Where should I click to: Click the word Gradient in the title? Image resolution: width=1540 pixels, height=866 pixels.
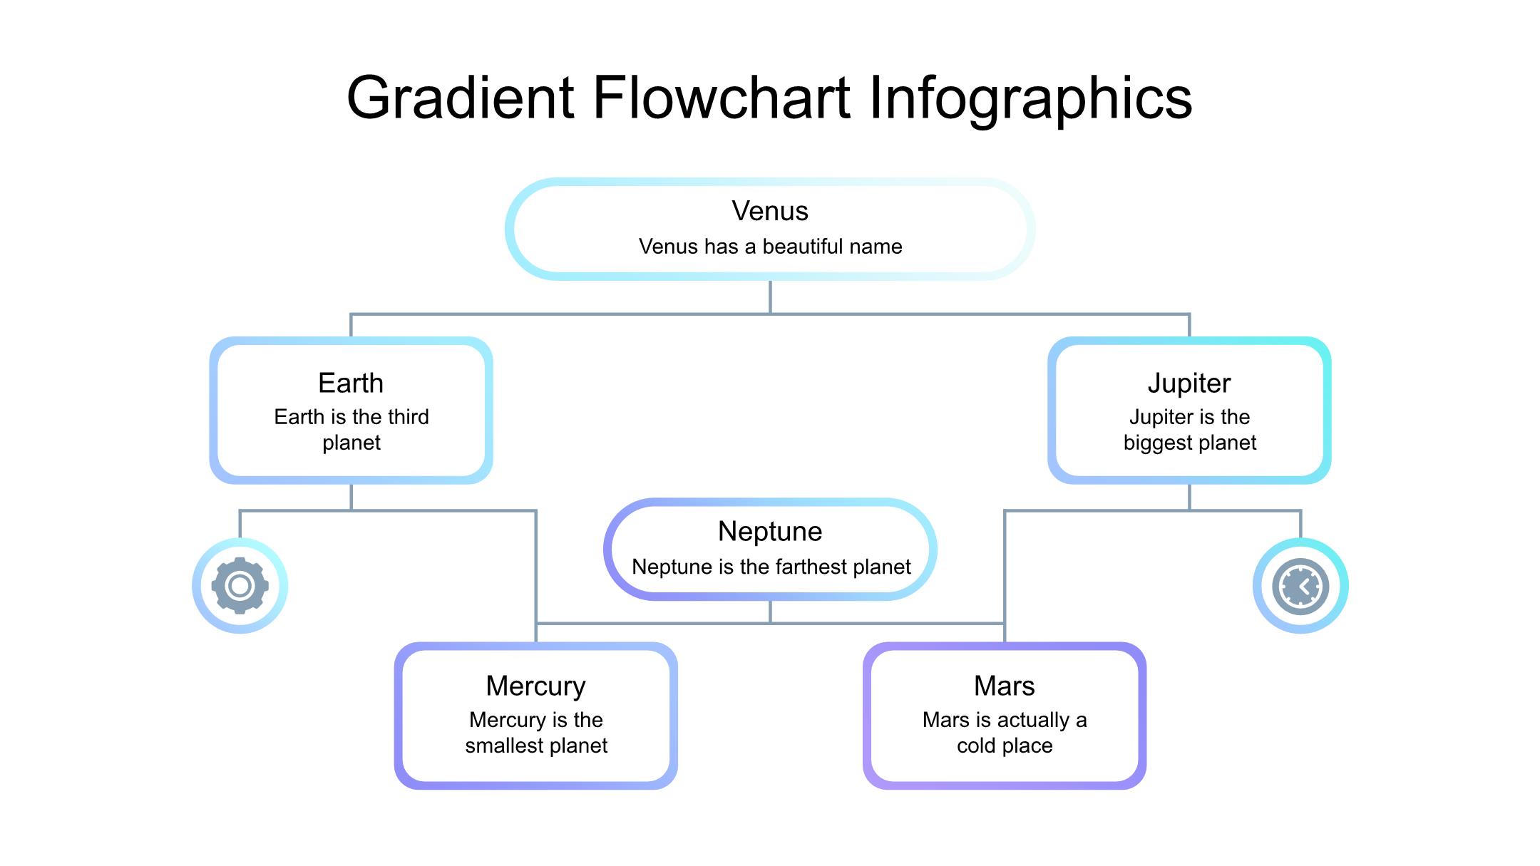[x=460, y=98]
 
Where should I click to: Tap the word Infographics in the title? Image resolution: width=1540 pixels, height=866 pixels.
[x=1030, y=98]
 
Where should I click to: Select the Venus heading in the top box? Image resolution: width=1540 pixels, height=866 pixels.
[x=770, y=211]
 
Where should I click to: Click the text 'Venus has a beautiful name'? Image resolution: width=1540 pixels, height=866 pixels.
[x=770, y=247]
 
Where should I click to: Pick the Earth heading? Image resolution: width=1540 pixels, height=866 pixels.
[x=351, y=383]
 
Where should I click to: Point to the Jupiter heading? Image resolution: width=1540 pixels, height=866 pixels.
[x=1189, y=383]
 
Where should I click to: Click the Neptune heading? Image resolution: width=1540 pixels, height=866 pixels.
[x=770, y=532]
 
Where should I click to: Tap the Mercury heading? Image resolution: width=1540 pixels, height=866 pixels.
[x=535, y=686]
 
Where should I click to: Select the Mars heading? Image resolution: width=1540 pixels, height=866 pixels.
[x=1004, y=686]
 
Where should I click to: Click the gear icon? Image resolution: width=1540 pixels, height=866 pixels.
[x=240, y=586]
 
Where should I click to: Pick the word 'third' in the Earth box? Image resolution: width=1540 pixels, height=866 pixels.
[x=408, y=417]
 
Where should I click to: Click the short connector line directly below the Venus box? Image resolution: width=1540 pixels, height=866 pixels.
[x=770, y=297]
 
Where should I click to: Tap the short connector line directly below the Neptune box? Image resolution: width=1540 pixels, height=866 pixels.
[x=770, y=612]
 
